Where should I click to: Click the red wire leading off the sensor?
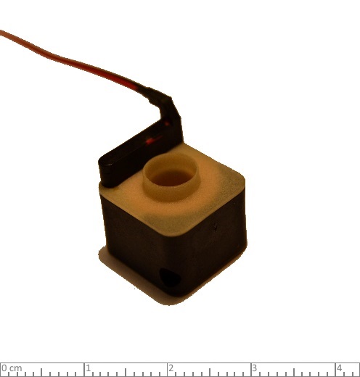[70, 60]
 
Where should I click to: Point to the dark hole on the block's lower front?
[170, 277]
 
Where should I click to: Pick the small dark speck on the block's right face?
[215, 227]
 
